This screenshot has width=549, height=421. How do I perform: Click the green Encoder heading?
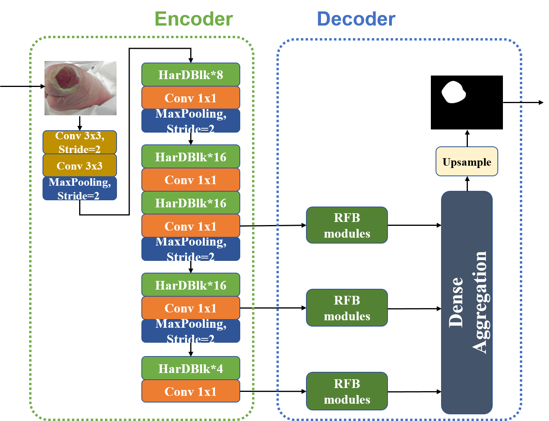click(x=193, y=19)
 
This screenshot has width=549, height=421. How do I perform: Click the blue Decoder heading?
click(x=356, y=19)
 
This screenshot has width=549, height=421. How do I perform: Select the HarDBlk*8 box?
click(x=191, y=75)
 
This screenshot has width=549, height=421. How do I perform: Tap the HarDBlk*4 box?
click(x=191, y=368)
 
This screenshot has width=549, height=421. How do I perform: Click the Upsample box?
click(x=467, y=162)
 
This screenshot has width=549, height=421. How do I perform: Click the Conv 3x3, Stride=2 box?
click(x=80, y=142)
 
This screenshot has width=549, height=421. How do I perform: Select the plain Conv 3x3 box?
click(x=80, y=166)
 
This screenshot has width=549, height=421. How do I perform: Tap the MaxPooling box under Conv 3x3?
click(x=80, y=189)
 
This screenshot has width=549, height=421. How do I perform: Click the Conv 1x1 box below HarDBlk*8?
click(x=191, y=98)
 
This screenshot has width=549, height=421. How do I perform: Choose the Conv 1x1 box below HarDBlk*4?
click(x=191, y=391)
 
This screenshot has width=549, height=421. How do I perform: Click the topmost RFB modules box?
click(x=347, y=225)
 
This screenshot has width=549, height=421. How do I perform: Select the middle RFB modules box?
click(x=347, y=308)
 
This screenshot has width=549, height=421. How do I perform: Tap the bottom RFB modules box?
click(x=347, y=391)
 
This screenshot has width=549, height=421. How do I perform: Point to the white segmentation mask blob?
click(x=454, y=92)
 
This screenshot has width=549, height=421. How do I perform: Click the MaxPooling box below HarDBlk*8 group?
click(x=191, y=121)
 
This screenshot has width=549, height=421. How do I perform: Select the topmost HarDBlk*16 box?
click(x=191, y=157)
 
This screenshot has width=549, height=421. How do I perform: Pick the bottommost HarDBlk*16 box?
click(x=191, y=285)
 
